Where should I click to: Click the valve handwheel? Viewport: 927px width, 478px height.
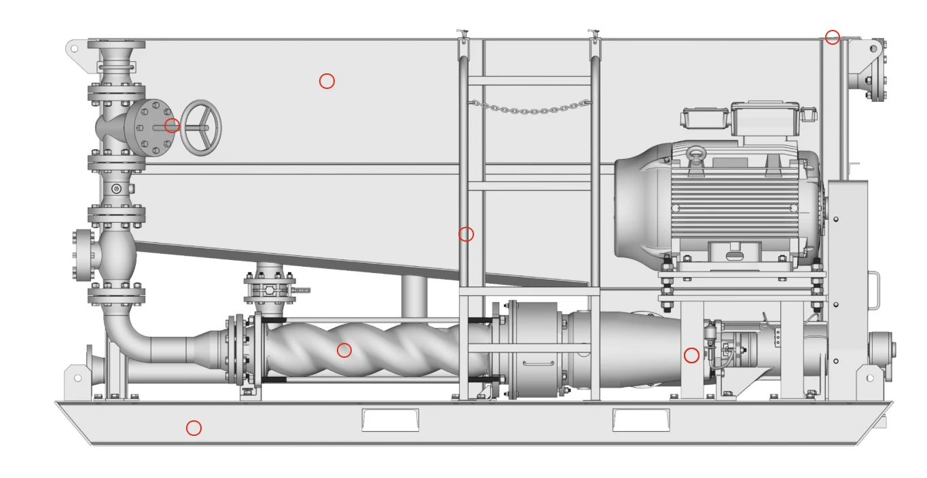tap(201, 128)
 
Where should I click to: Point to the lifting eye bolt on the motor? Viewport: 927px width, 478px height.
tap(695, 155)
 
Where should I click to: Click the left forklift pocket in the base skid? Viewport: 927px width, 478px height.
tap(390, 420)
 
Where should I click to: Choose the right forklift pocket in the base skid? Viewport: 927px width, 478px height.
tap(641, 420)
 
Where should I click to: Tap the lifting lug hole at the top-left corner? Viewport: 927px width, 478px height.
tap(75, 49)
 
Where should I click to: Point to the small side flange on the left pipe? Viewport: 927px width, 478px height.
tap(84, 255)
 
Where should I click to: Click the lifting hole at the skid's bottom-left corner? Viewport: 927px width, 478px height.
tap(77, 378)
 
